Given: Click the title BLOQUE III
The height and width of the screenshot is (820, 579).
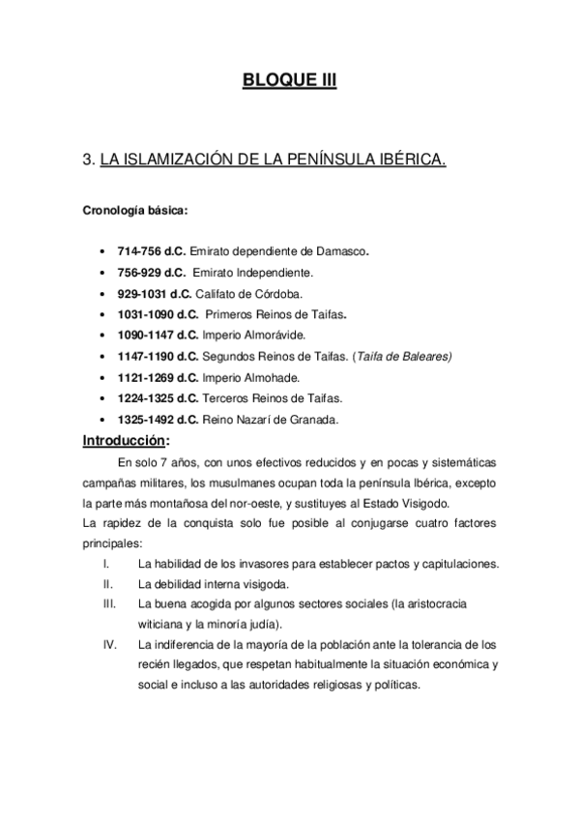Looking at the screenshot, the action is (x=289, y=81).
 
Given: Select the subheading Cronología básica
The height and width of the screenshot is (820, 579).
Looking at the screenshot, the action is (x=134, y=207).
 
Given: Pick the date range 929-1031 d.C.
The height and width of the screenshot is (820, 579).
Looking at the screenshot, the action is (x=154, y=293).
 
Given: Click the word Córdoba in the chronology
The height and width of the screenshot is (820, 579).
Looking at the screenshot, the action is (x=278, y=293).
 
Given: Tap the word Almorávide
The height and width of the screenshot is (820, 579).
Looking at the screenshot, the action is (x=272, y=335).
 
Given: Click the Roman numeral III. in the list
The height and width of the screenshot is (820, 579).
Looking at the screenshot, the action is (x=109, y=604).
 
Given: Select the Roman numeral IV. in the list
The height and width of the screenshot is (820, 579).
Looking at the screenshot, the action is (x=109, y=644).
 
